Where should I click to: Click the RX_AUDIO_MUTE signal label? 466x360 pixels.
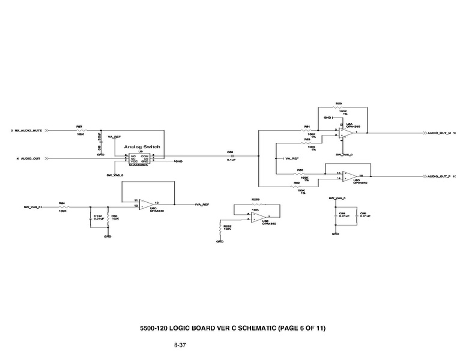[28, 130]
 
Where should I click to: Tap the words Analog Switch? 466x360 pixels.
[142, 146]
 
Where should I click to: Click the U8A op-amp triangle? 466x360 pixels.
[347, 133]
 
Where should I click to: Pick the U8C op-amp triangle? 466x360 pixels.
[145, 203]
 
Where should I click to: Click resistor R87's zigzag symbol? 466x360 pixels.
[80, 130]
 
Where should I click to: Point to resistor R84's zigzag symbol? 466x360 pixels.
[62, 207]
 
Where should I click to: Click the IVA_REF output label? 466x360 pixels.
[202, 205]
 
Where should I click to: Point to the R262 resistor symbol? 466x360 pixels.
[220, 227]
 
